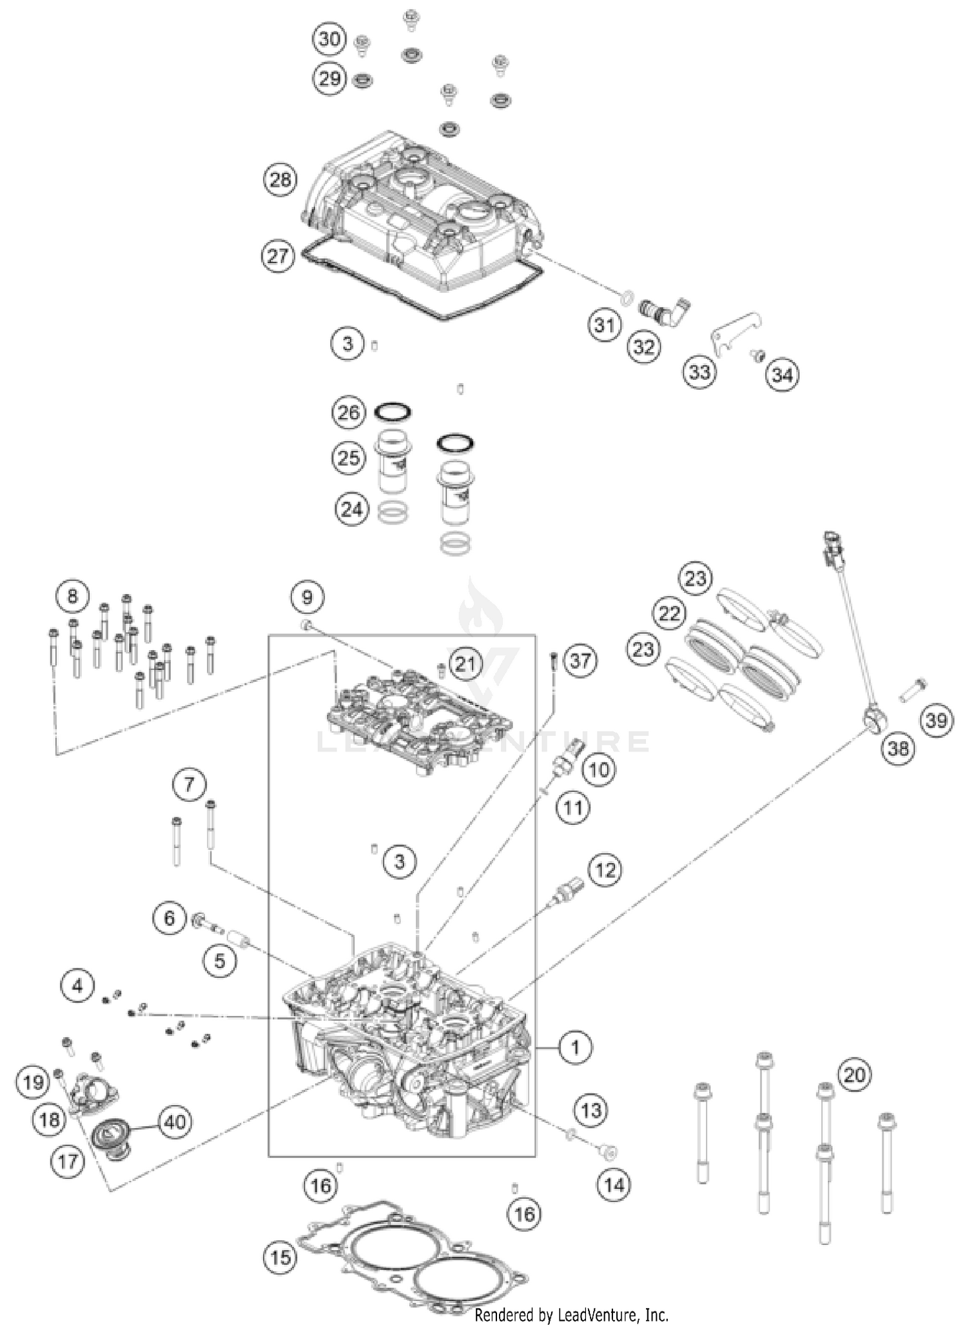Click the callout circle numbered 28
click(280, 179)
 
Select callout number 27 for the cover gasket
click(277, 256)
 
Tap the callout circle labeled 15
click(280, 1257)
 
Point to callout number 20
click(854, 1075)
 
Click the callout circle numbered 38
click(898, 748)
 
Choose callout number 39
click(936, 720)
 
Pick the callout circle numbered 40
click(175, 1122)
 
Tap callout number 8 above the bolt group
click(72, 595)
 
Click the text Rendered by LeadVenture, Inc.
click(571, 1314)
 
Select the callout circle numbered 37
click(580, 660)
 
